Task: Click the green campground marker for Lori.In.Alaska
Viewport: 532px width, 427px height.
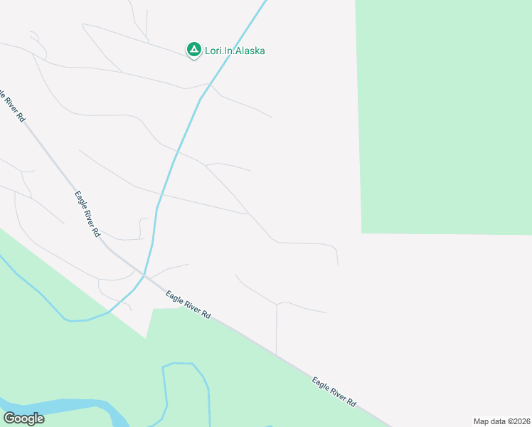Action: click(193, 50)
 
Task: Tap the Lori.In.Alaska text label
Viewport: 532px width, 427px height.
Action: click(235, 51)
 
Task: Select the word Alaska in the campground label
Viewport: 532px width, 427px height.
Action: click(251, 51)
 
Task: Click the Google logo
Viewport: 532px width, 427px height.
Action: click(23, 418)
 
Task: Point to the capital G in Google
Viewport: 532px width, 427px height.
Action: click(9, 418)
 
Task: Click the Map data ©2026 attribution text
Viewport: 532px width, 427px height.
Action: click(501, 421)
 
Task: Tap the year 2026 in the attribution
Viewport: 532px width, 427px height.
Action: click(519, 421)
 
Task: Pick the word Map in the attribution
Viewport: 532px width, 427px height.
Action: click(482, 421)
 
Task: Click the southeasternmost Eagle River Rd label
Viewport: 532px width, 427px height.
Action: click(334, 392)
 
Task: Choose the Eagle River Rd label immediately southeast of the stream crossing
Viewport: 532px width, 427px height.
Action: click(188, 305)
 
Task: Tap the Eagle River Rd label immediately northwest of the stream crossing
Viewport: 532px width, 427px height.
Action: click(87, 213)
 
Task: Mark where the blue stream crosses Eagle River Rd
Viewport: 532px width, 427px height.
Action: click(144, 275)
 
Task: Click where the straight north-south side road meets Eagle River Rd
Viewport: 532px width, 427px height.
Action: click(276, 353)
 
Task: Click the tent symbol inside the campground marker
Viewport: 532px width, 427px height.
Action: click(193, 49)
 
